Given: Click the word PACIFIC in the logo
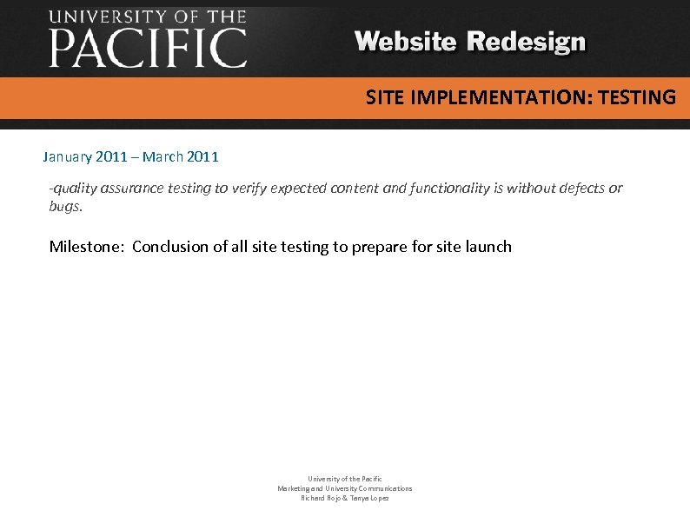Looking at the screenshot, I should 148,48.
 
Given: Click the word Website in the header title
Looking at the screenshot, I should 406,42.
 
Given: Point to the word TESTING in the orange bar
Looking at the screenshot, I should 636,97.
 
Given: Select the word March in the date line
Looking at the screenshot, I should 163,157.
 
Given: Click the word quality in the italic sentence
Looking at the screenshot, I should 74,188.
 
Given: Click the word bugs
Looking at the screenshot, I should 64,207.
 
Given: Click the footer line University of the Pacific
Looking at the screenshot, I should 345,479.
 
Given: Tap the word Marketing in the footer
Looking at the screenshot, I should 295,488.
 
